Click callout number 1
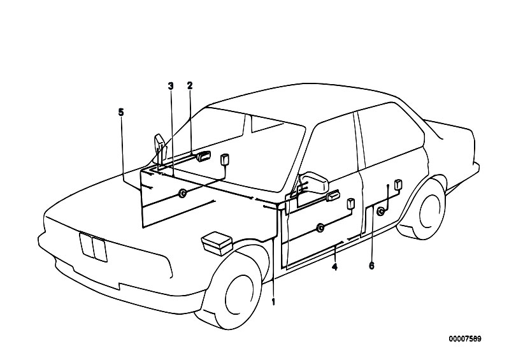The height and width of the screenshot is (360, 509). click(273, 302)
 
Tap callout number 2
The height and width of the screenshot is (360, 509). click(190, 85)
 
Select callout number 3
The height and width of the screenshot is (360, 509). click(171, 86)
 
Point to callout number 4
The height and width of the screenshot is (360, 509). click(334, 267)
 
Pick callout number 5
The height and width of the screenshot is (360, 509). click(121, 112)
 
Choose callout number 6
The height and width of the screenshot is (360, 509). click(371, 266)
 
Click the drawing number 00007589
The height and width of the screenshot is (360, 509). click(465, 339)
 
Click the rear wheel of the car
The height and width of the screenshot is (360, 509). click(425, 208)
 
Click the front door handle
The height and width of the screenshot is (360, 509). click(333, 196)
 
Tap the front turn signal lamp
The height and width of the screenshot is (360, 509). click(217, 243)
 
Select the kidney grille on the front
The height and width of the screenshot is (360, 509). click(93, 247)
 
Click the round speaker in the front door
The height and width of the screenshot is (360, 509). click(320, 228)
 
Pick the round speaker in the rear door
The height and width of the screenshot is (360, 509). click(381, 212)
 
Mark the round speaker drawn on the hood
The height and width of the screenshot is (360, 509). click(183, 193)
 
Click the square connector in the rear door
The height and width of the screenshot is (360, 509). click(398, 184)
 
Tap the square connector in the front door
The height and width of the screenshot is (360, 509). click(351, 204)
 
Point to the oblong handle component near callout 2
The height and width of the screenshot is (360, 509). click(203, 155)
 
